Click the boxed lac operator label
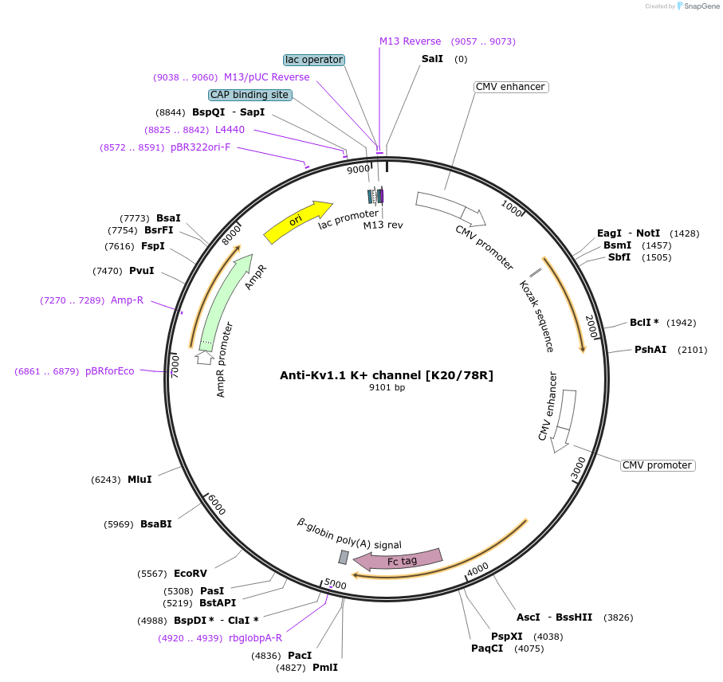[x=314, y=60]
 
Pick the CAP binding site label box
[x=250, y=95]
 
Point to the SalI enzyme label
[x=432, y=59]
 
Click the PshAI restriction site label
[x=650, y=350]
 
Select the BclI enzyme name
[x=641, y=323]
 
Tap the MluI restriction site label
[x=139, y=480]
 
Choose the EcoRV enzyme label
[x=191, y=574]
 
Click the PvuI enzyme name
[x=141, y=271]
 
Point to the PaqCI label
[x=487, y=649]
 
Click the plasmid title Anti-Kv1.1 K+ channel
[x=387, y=375]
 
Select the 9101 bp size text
[x=387, y=388]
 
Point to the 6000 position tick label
[x=217, y=504]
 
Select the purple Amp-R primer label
[x=127, y=300]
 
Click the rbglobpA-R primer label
[x=255, y=637]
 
